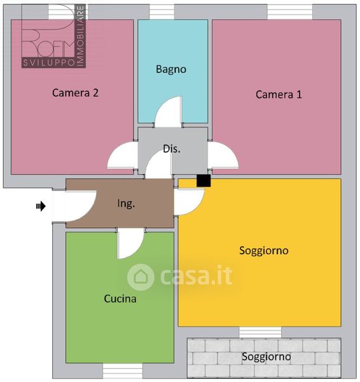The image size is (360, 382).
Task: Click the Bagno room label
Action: [171, 69]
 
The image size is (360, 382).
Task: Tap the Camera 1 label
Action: [279, 94]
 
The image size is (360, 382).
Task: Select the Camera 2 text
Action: [75, 93]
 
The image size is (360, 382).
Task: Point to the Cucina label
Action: [120, 299]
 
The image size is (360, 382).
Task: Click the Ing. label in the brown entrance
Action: [126, 204]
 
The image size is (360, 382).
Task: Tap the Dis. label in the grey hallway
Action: [172, 149]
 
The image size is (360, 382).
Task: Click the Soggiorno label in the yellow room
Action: [264, 251]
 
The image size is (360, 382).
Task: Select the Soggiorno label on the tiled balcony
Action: [266, 357]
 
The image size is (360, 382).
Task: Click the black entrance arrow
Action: [41, 206]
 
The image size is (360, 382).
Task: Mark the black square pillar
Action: [204, 181]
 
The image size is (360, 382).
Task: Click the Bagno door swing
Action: [169, 112]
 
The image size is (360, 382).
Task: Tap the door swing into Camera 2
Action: [123, 155]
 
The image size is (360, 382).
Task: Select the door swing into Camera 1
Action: [223, 155]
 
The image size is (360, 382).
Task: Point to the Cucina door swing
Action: [130, 244]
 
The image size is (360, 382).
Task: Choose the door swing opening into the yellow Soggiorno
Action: [189, 202]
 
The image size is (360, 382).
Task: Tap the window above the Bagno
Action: [162, 11]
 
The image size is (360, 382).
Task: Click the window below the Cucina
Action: [123, 371]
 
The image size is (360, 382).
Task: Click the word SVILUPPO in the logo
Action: [49, 63]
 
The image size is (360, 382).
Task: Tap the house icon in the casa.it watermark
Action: [141, 277]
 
